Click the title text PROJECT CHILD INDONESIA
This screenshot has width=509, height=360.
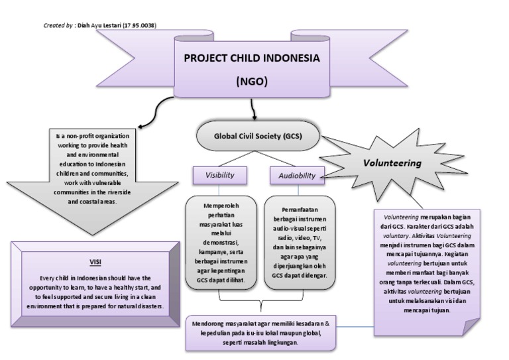pos(251,58)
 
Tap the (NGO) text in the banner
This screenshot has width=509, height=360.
pos(251,82)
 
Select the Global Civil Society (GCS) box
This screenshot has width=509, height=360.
pos(257,137)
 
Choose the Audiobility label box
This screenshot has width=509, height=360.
pos(297,176)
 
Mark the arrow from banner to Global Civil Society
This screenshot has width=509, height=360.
pos(253,109)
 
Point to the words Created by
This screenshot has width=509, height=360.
pos(58,25)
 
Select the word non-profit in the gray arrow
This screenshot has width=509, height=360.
pos(84,137)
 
